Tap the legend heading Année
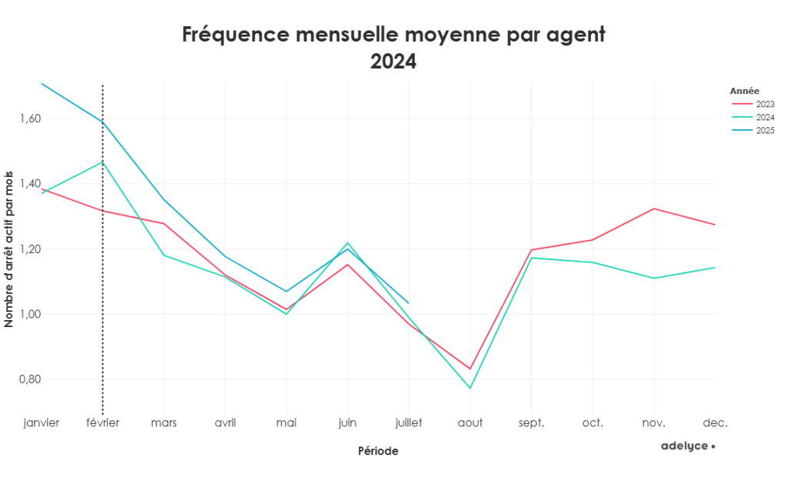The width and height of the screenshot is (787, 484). [x=744, y=91]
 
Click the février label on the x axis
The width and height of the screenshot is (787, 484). [x=102, y=422]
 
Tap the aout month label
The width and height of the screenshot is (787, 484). [x=470, y=422]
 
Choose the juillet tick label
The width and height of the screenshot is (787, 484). [x=408, y=422]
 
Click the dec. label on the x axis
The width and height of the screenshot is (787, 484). [x=715, y=422]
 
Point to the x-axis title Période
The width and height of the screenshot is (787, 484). [x=378, y=451]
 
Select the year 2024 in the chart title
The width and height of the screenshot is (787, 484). [x=393, y=62]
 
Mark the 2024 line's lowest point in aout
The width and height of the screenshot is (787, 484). [x=470, y=388]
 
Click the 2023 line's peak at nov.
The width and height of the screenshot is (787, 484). [x=653, y=209]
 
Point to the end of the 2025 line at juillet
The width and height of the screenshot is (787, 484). [x=408, y=302]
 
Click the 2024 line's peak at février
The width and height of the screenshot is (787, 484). [x=102, y=162]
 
